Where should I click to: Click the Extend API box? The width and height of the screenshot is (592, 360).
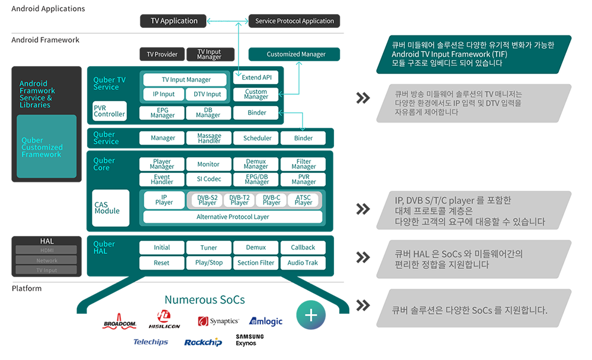tap(256, 78)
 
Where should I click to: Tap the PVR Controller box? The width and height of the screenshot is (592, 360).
tap(110, 111)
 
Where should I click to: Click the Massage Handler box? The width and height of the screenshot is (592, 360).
tap(208, 138)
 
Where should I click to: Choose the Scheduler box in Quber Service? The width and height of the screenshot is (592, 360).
tap(257, 138)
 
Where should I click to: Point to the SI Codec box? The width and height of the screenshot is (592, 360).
tap(208, 179)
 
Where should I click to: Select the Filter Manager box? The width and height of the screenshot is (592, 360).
tap(303, 164)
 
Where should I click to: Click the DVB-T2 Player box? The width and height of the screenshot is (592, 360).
tap(239, 200)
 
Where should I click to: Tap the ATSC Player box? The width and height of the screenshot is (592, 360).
tap(303, 200)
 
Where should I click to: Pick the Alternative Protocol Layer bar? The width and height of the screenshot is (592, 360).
tap(233, 217)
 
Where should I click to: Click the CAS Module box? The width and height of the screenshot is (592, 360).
tap(111, 208)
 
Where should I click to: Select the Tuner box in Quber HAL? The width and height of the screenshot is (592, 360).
tap(208, 247)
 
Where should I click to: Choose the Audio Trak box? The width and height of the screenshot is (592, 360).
tap(303, 263)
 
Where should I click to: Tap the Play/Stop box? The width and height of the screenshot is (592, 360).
tap(208, 263)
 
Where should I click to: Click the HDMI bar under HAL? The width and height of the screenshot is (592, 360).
tap(46, 250)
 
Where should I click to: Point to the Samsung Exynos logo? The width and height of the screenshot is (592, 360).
tap(250, 340)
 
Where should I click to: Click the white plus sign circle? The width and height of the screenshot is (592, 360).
tap(311, 315)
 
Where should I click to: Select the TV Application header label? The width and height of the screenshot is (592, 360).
tap(174, 21)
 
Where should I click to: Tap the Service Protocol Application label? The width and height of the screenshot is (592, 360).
tap(294, 21)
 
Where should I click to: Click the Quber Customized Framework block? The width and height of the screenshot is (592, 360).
tap(47, 147)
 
